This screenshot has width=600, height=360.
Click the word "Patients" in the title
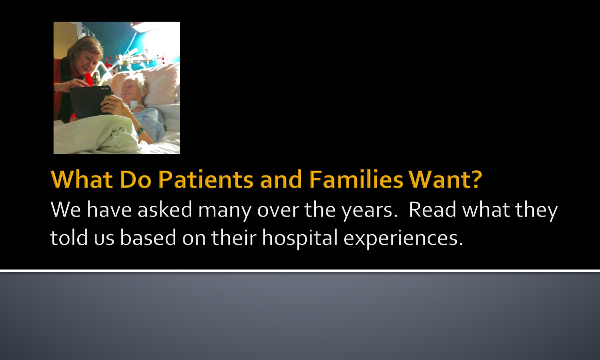point(206,179)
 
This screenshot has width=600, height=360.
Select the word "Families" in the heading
point(356,179)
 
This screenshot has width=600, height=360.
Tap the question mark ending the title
point(476,179)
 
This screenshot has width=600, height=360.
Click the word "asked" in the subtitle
point(165,209)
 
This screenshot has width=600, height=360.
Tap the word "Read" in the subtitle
point(432,209)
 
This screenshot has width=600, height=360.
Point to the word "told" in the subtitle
point(69,237)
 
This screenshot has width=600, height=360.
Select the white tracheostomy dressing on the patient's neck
point(133,105)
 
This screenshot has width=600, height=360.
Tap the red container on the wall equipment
point(108,62)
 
